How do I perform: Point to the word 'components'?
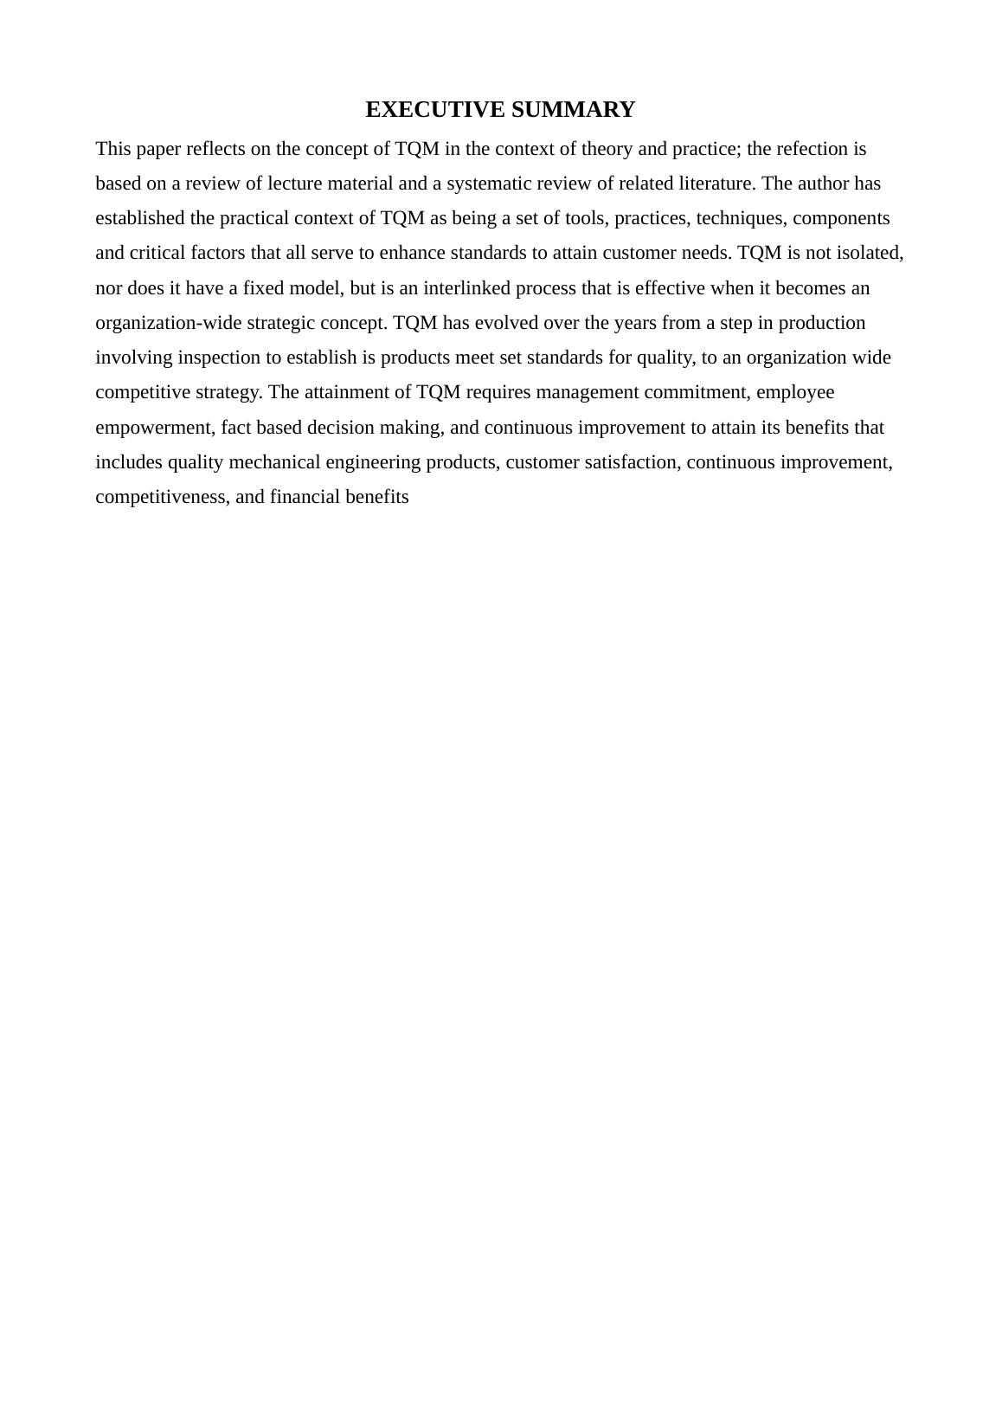pos(841,218)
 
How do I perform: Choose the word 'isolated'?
pos(870,253)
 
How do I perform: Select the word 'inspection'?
pos(219,358)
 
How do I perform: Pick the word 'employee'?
pos(795,392)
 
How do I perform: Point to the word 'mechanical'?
pos(274,462)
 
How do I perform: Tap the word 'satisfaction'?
pos(631,462)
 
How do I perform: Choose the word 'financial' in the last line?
pos(307,497)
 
